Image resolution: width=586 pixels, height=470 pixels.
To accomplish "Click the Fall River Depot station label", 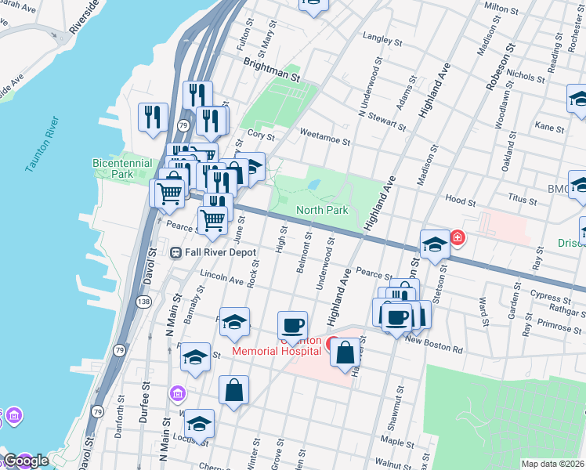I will point(207,251).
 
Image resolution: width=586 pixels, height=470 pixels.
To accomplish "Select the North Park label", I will point(322,210).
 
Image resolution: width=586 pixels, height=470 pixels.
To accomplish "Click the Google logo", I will point(25,461).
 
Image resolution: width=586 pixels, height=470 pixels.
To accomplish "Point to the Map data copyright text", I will point(552,464).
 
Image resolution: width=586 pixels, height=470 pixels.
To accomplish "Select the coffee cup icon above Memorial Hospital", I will point(293,325).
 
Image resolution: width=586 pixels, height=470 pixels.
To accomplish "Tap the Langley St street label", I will point(383,39).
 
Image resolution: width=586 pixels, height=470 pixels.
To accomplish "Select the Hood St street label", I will point(455,199).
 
